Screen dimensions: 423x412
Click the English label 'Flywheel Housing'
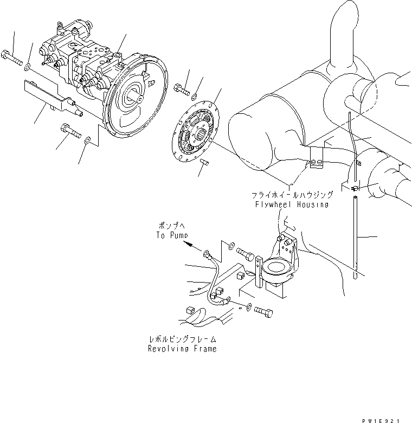tap(292, 204)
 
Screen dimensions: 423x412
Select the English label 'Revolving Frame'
tap(182, 349)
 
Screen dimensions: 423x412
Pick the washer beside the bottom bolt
tap(249, 307)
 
